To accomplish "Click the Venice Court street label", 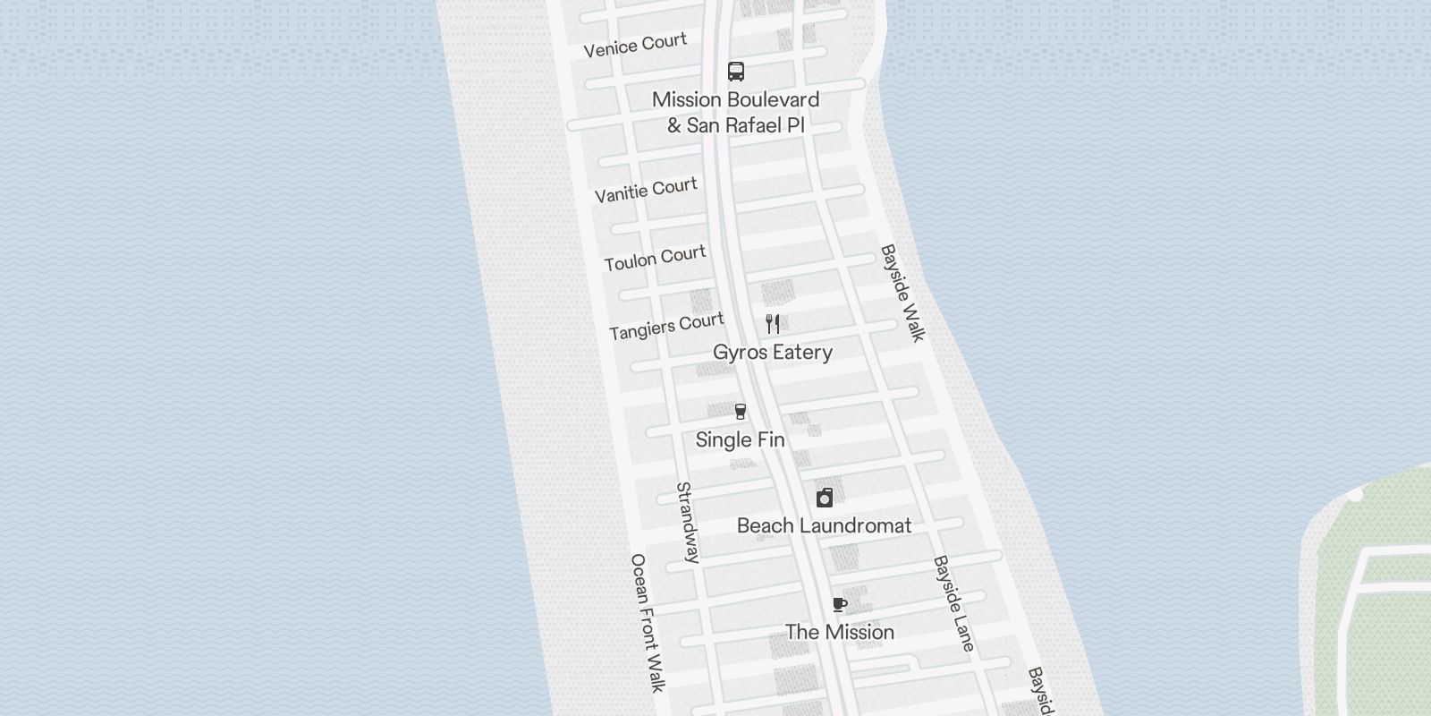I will point(635,45).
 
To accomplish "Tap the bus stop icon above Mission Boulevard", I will point(736,72).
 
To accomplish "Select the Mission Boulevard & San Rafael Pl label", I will point(736,113).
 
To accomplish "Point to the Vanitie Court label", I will point(646,190).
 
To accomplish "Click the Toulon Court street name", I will point(655,259).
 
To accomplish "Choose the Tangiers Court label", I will point(666,326).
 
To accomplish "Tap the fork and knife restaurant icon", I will point(773,324).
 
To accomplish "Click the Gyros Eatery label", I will point(773,353).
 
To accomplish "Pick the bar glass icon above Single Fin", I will point(741,412).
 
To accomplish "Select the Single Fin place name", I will point(741,440).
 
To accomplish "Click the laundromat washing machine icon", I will point(825,498).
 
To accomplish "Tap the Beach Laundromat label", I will point(824,526).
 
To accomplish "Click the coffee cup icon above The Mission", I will point(839,605).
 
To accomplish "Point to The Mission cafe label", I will point(839,633).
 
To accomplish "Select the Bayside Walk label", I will point(902,293).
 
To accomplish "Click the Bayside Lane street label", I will point(953,603).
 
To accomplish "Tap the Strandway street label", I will point(687,523).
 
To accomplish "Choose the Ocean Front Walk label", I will point(648,623).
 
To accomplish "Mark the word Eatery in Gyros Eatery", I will point(802,353).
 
